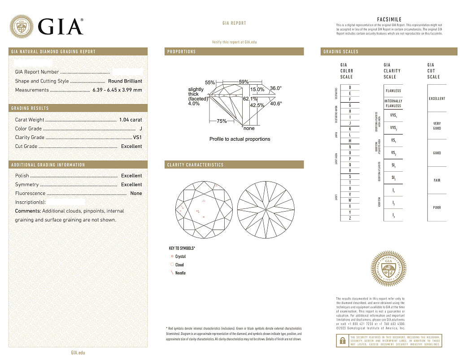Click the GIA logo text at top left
tap(61, 27)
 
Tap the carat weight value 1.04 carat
tap(131, 120)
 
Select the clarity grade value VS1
tap(137, 138)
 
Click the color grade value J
tap(141, 129)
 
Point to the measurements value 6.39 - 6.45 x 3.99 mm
tap(117, 90)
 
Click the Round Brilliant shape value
tap(125, 81)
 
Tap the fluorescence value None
tap(136, 194)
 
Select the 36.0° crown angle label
tap(276, 88)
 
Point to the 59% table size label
tap(244, 82)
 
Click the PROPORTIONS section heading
tap(182, 52)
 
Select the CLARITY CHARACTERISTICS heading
tap(195, 165)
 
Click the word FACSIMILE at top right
tap(389, 20)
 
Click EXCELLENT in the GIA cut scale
tap(437, 99)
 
